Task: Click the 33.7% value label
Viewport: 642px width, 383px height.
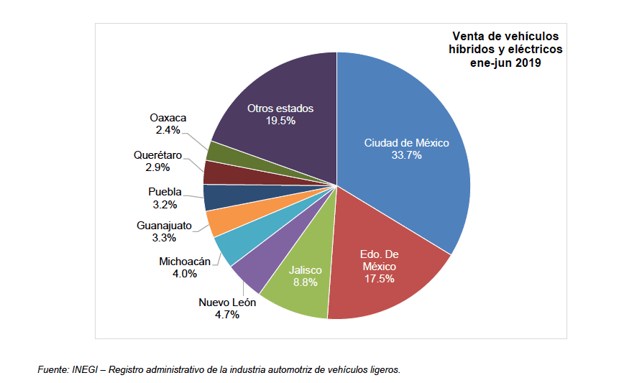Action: pyautogui.click(x=406, y=155)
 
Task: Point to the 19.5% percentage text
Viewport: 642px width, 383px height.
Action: pyautogui.click(x=280, y=121)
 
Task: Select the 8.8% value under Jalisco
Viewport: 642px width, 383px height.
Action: pyautogui.click(x=306, y=282)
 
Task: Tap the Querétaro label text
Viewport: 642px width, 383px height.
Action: pyautogui.click(x=157, y=154)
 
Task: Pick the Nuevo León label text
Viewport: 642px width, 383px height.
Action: pyautogui.click(x=227, y=303)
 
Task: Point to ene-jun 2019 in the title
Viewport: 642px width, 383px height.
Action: pyautogui.click(x=506, y=63)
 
